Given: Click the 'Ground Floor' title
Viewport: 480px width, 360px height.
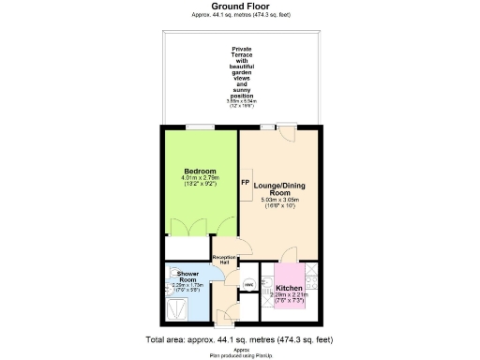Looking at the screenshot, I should pos(239,6).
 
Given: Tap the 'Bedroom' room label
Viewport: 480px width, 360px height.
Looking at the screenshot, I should pos(200,171).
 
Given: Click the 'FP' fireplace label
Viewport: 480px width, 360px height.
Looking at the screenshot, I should pos(245,183).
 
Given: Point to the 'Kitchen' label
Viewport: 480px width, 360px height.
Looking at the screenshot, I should pos(289,276).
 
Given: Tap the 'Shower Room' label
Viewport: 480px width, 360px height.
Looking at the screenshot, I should pos(187,277).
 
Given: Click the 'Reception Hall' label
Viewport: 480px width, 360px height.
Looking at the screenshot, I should pos(222,259).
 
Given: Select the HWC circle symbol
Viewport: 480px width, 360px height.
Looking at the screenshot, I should pos(249,284).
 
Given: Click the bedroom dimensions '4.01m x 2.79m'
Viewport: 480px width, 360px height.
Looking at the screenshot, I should pos(200,178).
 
